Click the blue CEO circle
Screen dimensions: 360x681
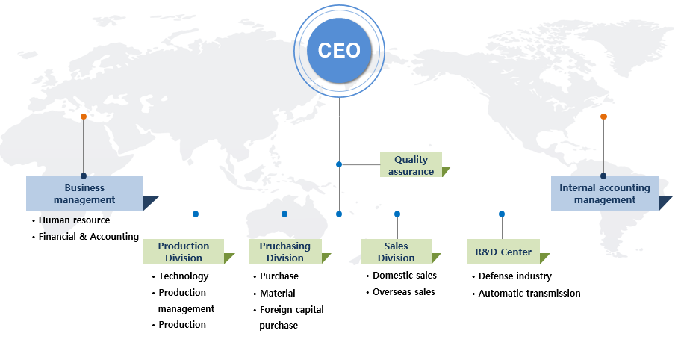[339, 50]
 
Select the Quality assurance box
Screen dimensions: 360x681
[411, 165]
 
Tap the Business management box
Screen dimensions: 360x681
[84, 193]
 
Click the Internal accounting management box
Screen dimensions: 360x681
[605, 193]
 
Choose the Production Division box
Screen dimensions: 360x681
[184, 252]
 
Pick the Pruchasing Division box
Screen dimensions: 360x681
[285, 252]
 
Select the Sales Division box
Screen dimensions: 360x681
[396, 252]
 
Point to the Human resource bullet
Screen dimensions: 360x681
[74, 220]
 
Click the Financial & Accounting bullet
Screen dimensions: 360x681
[88, 237]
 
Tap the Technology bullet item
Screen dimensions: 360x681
[184, 276]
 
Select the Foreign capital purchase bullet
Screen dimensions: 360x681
[291, 317]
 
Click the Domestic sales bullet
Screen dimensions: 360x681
[405, 276]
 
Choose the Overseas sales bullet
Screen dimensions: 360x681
[403, 292]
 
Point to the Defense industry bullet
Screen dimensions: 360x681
[514, 276]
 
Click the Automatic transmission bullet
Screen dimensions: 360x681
[529, 293]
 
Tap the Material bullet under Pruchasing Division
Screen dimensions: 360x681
[277, 293]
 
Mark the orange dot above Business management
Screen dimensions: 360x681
[84, 117]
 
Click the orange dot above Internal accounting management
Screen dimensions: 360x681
[603, 117]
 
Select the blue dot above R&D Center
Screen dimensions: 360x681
[502, 214]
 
